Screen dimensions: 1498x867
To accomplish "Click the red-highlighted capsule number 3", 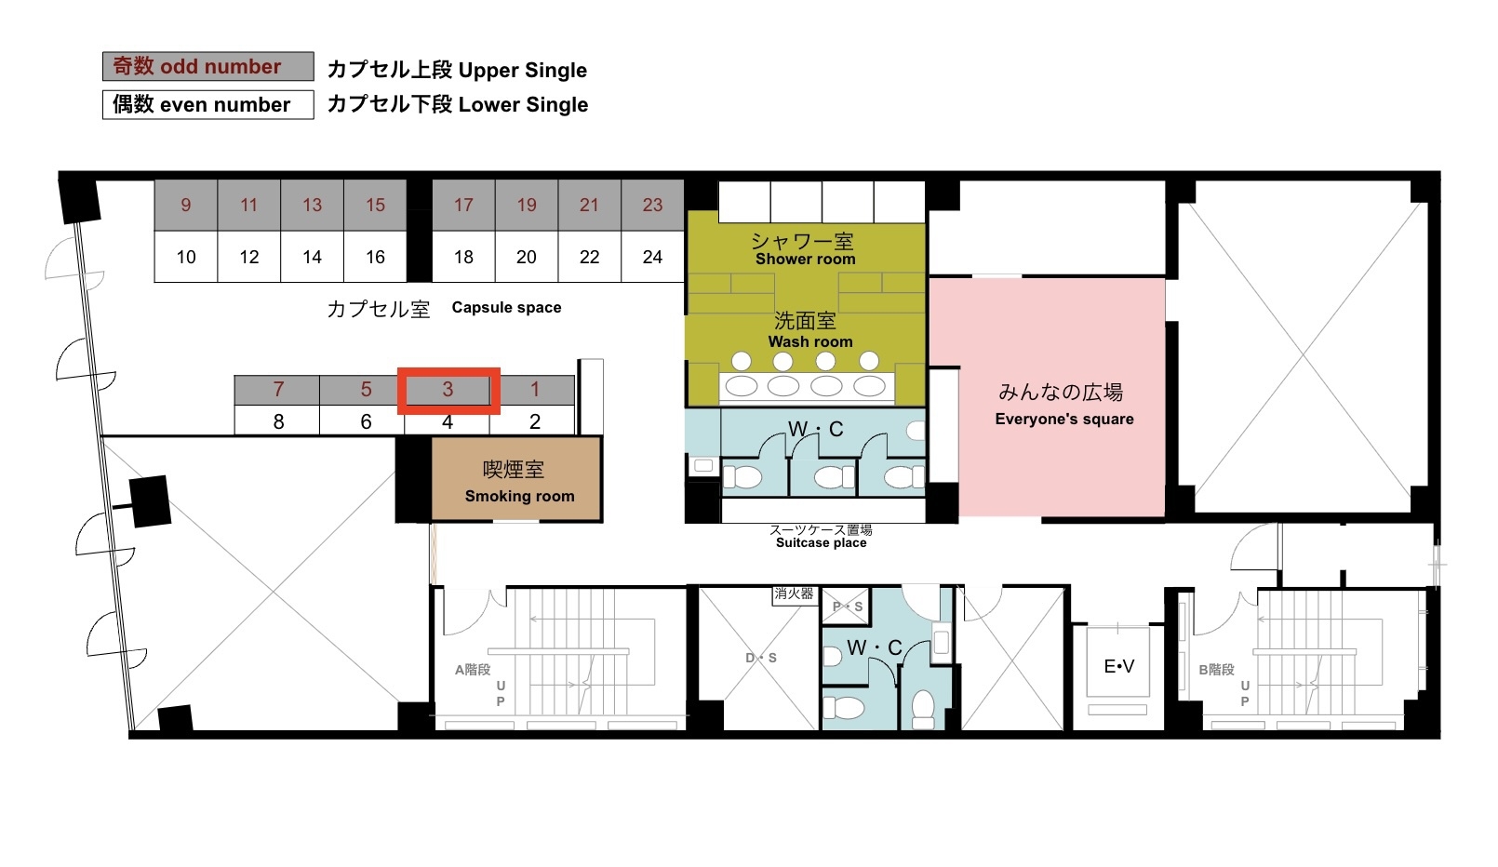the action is [448, 390].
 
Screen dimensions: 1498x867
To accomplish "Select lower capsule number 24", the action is [652, 257].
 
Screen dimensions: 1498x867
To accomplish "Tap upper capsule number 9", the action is [186, 205].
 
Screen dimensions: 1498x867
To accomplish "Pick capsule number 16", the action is [375, 257].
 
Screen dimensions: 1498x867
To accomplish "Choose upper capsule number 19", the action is [527, 205].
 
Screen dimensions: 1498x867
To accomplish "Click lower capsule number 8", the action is [278, 421].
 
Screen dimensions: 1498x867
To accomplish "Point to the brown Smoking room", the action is [516, 479].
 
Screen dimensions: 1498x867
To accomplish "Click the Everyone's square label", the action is [1064, 420].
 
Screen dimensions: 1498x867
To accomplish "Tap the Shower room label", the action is [805, 260].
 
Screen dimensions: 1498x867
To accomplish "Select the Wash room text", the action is [810, 341].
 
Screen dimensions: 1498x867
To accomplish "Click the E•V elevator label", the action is [1118, 666].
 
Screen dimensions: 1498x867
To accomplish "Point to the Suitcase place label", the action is [822, 542].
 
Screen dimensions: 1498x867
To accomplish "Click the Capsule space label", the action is [506, 308].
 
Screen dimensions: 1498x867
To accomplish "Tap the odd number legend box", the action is [208, 66].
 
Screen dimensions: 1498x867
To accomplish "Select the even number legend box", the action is [208, 105].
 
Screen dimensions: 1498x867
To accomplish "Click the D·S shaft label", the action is [761, 658].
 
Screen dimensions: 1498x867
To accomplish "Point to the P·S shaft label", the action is [848, 607].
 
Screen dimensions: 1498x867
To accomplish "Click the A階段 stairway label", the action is [473, 670].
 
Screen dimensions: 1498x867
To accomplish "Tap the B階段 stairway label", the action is [1216, 670].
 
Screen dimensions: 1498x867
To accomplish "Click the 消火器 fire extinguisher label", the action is [794, 594].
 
